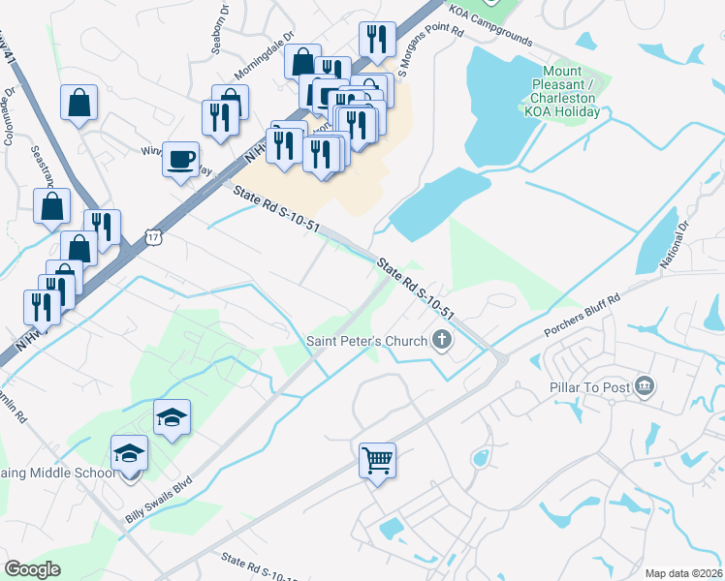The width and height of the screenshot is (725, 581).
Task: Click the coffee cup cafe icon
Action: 179,158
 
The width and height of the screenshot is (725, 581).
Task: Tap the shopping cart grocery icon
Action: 377,459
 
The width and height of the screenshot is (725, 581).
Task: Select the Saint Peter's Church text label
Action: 366,341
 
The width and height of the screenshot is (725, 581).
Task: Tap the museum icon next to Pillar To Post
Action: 643,387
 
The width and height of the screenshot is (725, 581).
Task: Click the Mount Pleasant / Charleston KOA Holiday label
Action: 562,91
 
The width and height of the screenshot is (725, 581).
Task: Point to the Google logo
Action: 32,568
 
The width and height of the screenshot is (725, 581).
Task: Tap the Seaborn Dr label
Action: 222,17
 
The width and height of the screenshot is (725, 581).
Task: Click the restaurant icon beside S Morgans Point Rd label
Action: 375,39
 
